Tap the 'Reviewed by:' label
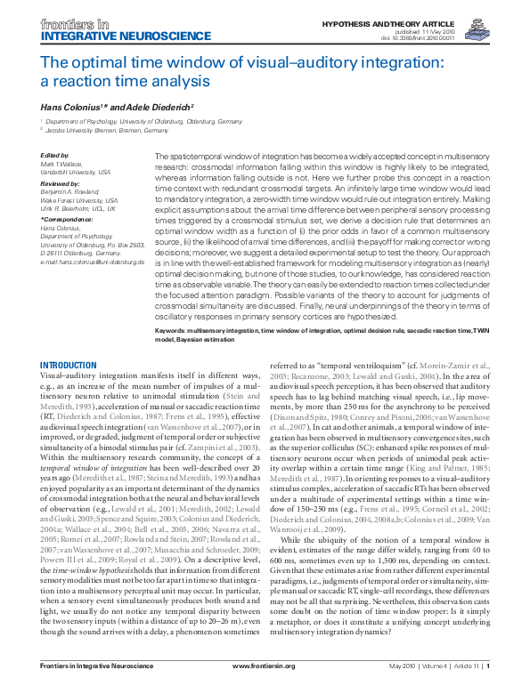[61, 184]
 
